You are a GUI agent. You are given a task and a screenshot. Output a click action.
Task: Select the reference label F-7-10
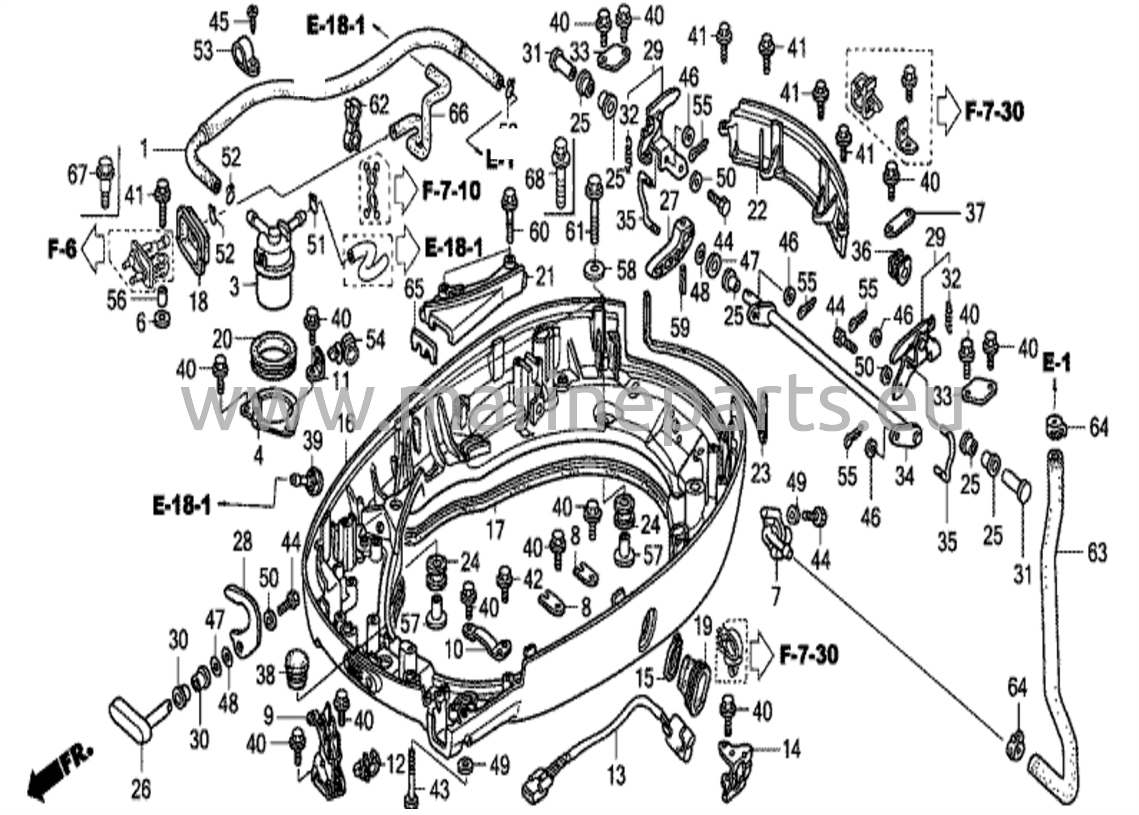click(451, 192)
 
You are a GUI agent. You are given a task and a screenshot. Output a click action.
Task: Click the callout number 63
click(1096, 553)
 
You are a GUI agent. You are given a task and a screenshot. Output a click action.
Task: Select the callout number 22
click(757, 211)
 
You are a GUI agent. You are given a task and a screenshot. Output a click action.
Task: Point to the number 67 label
click(78, 176)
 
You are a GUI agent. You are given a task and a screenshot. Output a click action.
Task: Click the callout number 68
click(534, 180)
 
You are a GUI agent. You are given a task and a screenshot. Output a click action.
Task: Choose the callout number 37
click(974, 212)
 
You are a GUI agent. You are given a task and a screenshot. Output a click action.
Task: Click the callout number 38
click(265, 676)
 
